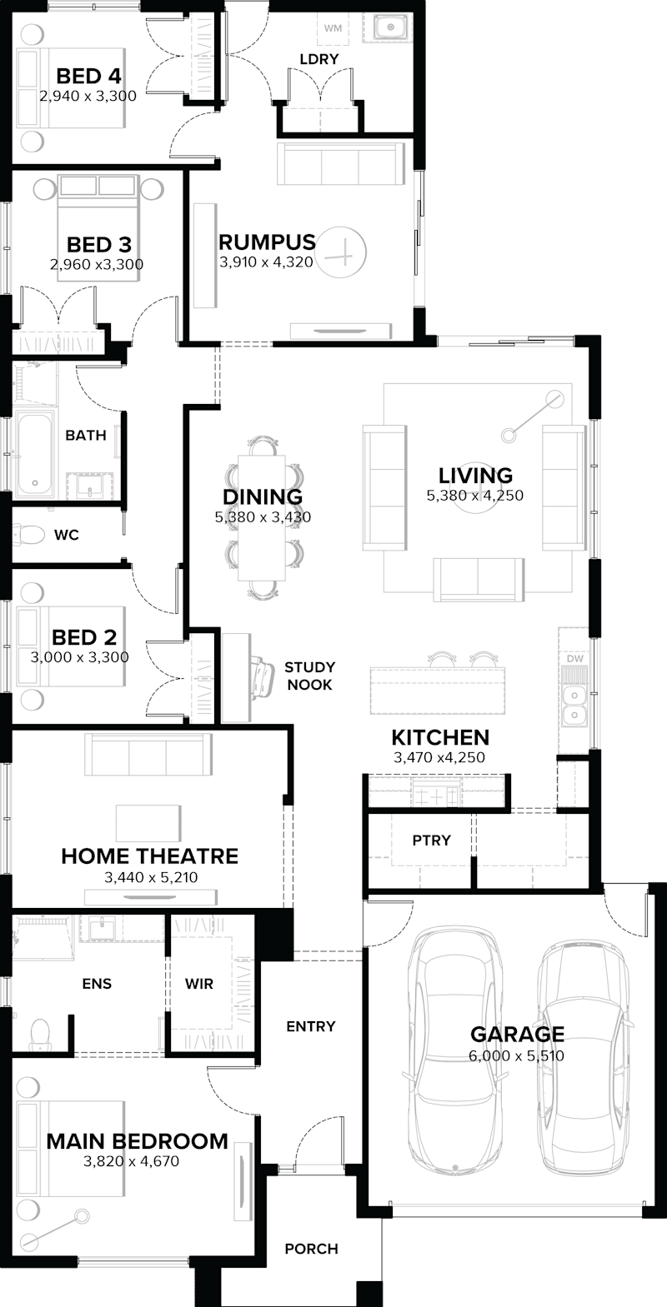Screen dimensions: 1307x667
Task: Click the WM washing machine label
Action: pyautogui.click(x=333, y=29)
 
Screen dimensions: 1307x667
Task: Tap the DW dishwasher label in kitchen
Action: pyautogui.click(x=573, y=658)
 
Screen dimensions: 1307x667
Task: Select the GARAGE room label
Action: pyautogui.click(x=517, y=1035)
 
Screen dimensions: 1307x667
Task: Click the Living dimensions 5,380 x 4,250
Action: pyautogui.click(x=475, y=496)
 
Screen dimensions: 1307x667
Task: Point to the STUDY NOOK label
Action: pyautogui.click(x=309, y=676)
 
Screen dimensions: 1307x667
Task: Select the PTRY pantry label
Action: pyautogui.click(x=431, y=841)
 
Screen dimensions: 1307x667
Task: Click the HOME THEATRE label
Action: pyautogui.click(x=149, y=856)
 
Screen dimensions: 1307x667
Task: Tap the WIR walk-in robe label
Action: pyautogui.click(x=199, y=984)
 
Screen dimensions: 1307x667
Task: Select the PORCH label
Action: pyautogui.click(x=311, y=1249)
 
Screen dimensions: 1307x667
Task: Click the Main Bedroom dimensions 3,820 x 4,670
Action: pyautogui.click(x=137, y=1161)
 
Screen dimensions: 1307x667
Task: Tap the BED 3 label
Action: pyautogui.click(x=98, y=245)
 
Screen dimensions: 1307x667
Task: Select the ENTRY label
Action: pyautogui.click(x=310, y=1026)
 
